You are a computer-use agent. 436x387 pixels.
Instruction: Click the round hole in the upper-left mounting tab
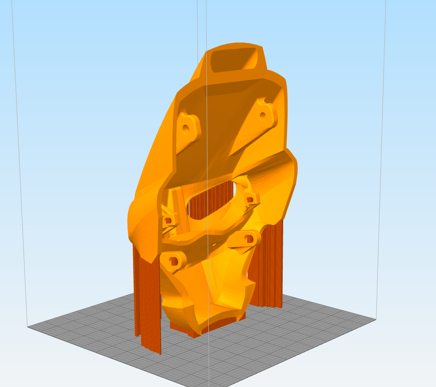[186, 129]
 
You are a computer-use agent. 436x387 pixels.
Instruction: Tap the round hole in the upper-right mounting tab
[263, 116]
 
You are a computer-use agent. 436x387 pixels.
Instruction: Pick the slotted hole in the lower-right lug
[250, 239]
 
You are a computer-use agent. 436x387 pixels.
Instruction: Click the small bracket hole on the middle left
[167, 220]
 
